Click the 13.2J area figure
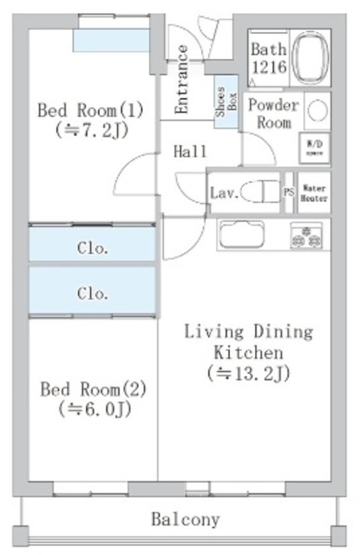tap(248, 374)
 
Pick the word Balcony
tap(186, 520)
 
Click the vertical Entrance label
tap(183, 80)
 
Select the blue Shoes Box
tap(226, 102)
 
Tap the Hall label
tap(190, 152)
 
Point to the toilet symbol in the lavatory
tap(258, 192)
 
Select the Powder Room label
tap(272, 114)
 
